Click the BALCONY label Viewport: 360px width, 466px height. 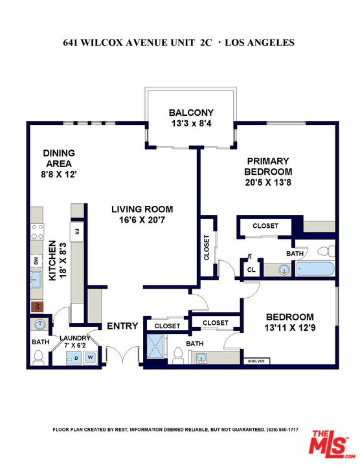click(x=191, y=112)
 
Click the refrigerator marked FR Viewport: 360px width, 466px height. click(x=77, y=232)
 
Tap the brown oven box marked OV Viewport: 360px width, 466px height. click(x=37, y=306)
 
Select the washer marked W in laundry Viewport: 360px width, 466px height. click(x=91, y=357)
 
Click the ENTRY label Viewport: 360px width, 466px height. click(x=122, y=326)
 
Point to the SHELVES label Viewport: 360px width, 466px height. click(x=256, y=361)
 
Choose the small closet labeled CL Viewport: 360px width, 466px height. click(x=250, y=269)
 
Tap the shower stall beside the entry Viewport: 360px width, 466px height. click(x=157, y=346)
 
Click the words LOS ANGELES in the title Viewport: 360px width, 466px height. click(x=262, y=43)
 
